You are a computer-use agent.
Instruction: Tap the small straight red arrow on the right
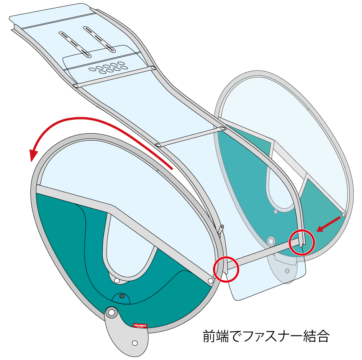(329, 224)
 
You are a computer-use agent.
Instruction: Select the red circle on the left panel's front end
(226, 269)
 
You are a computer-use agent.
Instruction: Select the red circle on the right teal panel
(301, 242)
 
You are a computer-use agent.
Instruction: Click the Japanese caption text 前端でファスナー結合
(266, 337)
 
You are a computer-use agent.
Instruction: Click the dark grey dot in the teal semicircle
(122, 296)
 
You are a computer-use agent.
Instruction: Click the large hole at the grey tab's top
(111, 313)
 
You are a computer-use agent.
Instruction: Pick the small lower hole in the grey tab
(134, 342)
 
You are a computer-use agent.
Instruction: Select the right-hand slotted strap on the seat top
(99, 39)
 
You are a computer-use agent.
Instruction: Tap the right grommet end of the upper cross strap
(153, 68)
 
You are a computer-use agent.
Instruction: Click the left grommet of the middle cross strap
(158, 145)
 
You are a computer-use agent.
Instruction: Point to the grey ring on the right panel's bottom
(271, 241)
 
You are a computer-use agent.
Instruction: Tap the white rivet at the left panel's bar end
(210, 281)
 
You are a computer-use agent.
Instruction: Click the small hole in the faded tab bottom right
(287, 270)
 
